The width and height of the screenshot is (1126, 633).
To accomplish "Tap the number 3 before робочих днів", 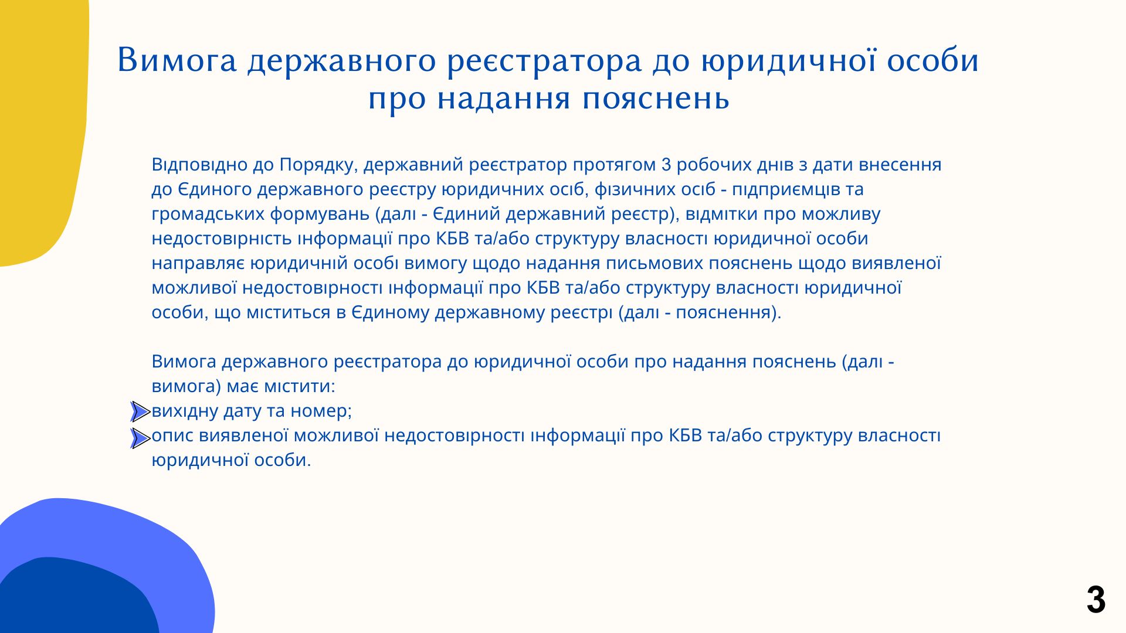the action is point(666,165).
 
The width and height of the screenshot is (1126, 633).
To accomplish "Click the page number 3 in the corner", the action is point(1096,600).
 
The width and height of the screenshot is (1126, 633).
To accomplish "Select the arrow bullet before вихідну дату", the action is point(140,412).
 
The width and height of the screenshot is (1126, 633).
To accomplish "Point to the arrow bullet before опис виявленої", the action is point(140,438).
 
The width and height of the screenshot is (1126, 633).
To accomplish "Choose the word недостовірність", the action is point(222,239).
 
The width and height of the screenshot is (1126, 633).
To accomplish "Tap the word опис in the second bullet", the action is point(173,436).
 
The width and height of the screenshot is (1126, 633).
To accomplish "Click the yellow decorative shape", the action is point(41,129).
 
